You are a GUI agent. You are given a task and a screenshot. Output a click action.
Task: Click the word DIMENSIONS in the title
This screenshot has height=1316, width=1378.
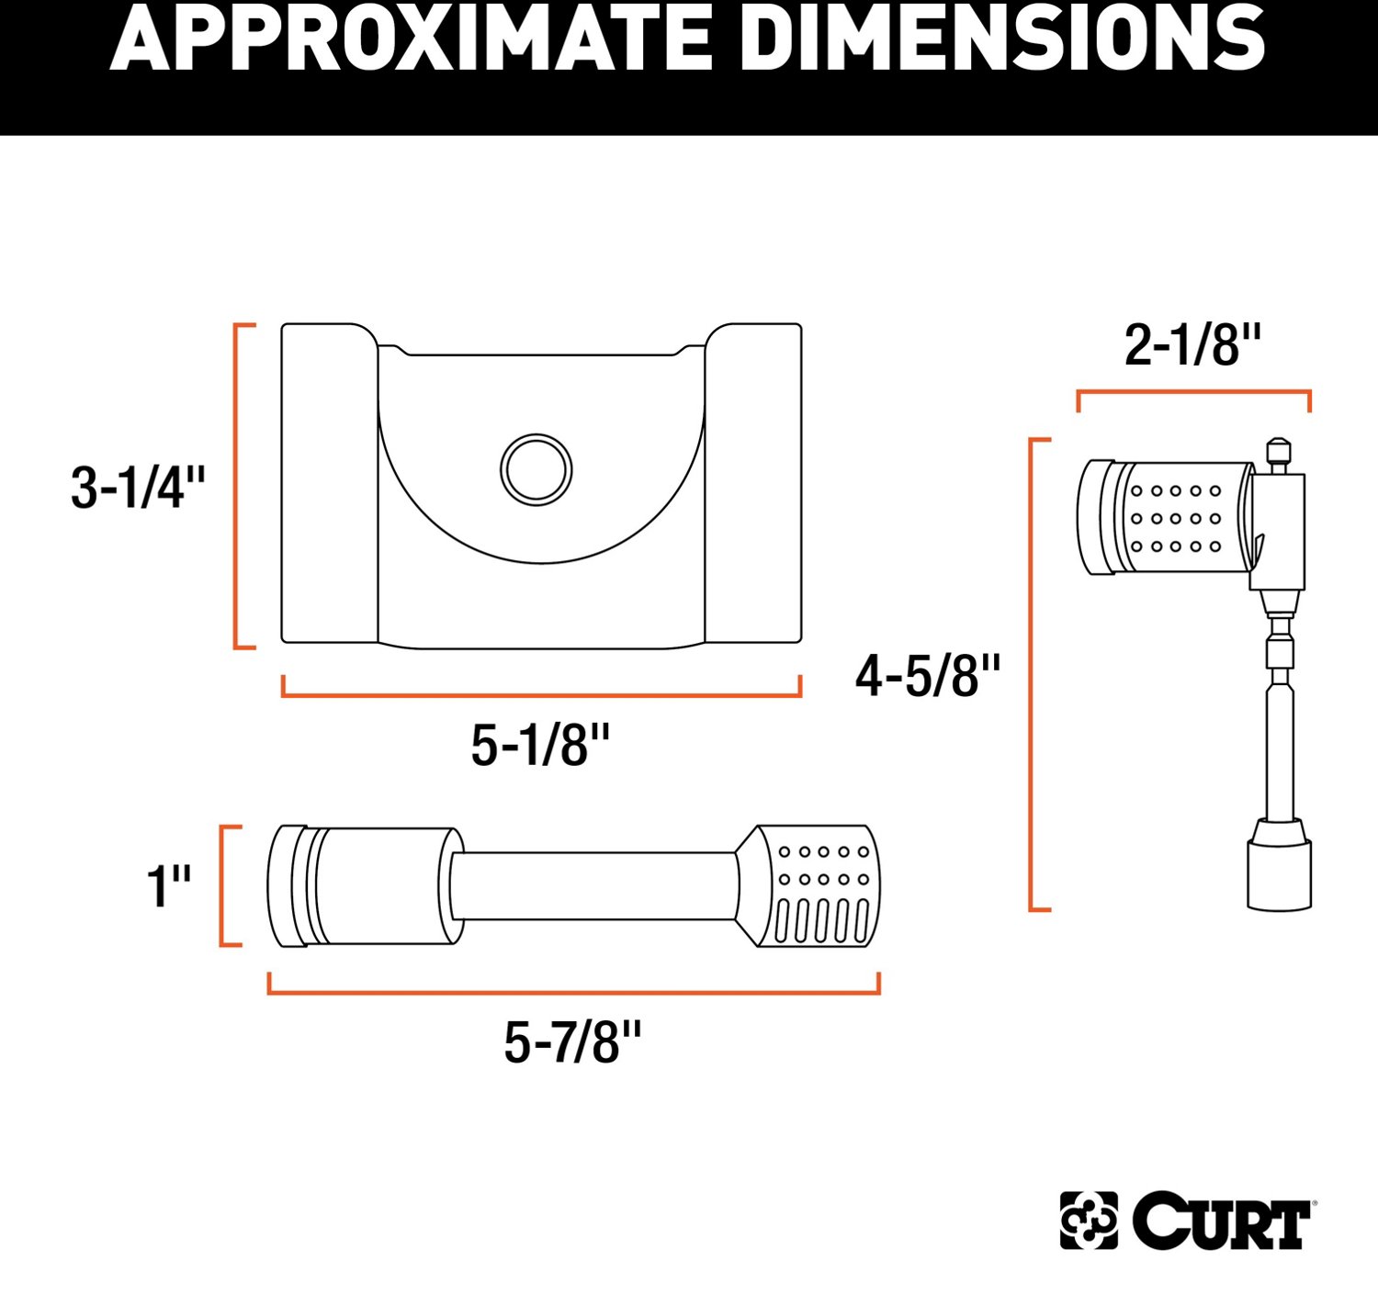(x=1001, y=39)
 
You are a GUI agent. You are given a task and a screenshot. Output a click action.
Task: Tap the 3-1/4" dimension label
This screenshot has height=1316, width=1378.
(x=138, y=487)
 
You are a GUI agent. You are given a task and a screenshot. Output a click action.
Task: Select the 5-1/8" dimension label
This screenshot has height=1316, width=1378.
(x=540, y=745)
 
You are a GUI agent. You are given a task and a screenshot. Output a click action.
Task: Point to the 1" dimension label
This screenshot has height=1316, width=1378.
(x=169, y=886)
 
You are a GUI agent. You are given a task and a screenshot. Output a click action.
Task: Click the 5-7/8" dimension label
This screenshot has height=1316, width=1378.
(x=572, y=1042)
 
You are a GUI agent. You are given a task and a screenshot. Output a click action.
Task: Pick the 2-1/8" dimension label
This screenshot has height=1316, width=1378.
(x=1192, y=345)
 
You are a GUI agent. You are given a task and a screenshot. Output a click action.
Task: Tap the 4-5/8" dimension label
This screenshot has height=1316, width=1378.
(x=928, y=676)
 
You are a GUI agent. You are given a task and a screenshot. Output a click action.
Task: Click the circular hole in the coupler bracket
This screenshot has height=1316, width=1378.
(x=537, y=469)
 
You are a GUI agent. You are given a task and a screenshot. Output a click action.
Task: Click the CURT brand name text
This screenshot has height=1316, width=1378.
(x=1222, y=1221)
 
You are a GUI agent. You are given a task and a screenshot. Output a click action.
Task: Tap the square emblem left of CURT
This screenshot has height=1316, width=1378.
(x=1089, y=1220)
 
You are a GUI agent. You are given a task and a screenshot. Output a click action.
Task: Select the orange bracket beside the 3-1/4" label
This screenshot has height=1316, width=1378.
(x=238, y=486)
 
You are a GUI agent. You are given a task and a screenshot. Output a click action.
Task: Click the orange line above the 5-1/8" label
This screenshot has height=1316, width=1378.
(x=541, y=693)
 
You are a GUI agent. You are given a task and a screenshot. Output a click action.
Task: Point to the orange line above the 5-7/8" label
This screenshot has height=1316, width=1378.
(x=573, y=991)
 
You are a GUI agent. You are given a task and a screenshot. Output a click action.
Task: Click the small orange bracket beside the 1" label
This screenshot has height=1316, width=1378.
(x=224, y=885)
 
